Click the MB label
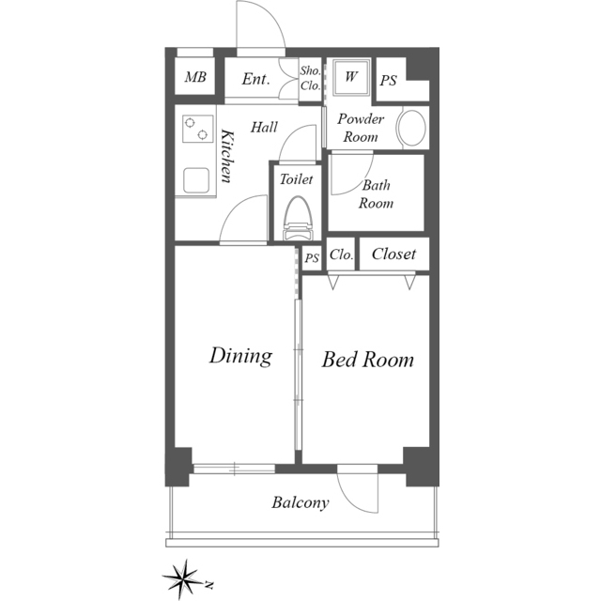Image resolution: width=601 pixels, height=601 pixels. [195, 77]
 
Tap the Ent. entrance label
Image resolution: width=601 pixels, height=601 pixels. [255, 79]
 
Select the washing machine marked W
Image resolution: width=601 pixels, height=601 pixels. [350, 77]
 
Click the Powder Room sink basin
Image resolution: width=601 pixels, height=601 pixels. [411, 129]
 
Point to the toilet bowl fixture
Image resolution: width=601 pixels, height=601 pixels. [297, 218]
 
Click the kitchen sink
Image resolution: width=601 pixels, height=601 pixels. [196, 180]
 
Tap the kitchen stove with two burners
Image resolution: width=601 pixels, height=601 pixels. [198, 129]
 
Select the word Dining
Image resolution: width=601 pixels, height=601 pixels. [240, 356]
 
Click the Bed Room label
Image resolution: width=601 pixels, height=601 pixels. [367, 360]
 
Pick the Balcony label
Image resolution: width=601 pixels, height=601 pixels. [300, 502]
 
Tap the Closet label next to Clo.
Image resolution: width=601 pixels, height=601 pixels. [393, 254]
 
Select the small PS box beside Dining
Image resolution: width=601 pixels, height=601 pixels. [312, 258]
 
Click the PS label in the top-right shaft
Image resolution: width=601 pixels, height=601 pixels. [388, 81]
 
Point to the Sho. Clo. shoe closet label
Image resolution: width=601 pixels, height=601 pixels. [310, 78]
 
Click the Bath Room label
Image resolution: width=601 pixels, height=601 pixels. [376, 194]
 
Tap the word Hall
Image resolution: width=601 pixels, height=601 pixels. [264, 128]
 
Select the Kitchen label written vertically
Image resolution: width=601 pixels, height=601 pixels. [227, 157]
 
